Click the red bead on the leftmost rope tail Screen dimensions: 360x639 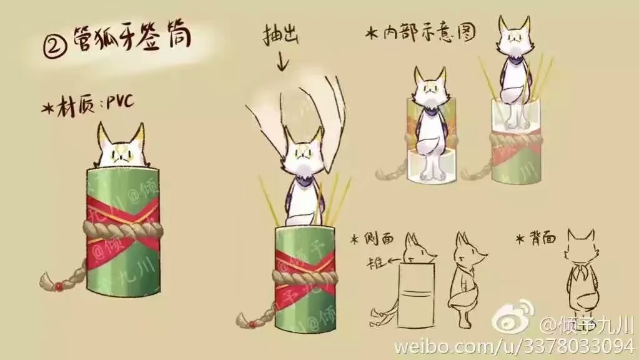(x=57, y=286)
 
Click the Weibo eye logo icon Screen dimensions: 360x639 (x=513, y=318)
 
